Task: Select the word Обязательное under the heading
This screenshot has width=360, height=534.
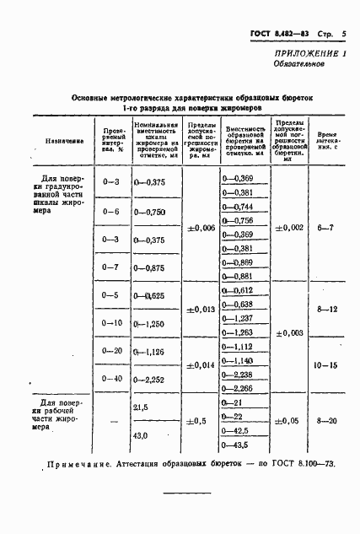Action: pos(317,64)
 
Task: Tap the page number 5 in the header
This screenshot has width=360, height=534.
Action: pos(345,34)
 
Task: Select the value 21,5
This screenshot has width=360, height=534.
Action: pos(141,407)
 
